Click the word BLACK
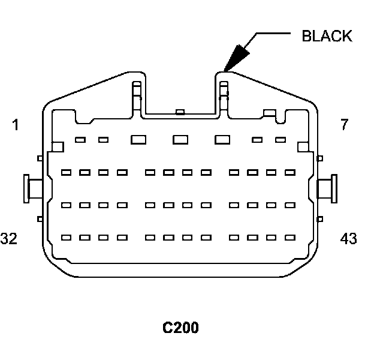pos(327,36)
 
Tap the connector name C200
pos(180,328)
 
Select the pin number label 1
pos(15,125)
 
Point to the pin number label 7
pos(344,125)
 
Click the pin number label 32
pos(9,239)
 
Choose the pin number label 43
pos(348,239)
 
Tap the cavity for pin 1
pos(80,140)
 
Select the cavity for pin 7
pos(280,140)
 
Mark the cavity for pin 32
pos(67,237)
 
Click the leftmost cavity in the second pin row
pos(67,172)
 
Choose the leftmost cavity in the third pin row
pos(67,205)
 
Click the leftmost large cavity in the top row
pos(138,140)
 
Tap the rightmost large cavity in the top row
pos(222,140)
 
